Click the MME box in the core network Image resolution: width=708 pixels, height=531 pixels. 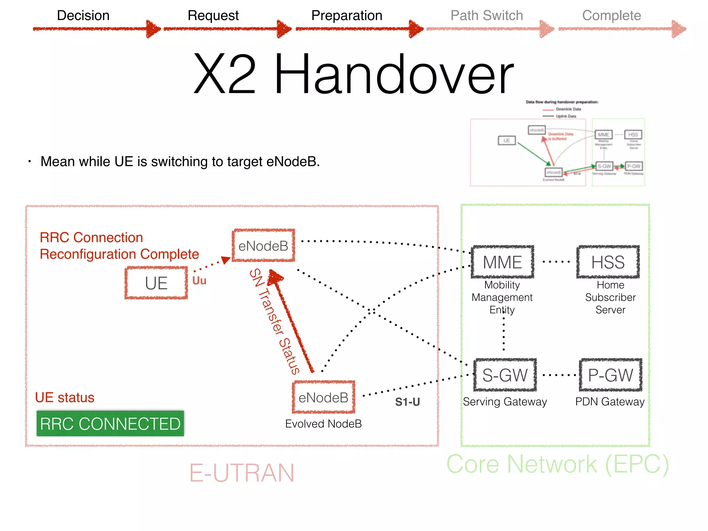pyautogui.click(x=502, y=262)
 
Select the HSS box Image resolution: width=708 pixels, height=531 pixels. pyautogui.click(x=608, y=262)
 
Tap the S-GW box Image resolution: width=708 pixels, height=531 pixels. pyautogui.click(x=505, y=375)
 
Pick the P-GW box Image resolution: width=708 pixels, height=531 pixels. pyautogui.click(x=611, y=375)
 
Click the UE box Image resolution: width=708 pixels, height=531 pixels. pyautogui.click(x=156, y=283)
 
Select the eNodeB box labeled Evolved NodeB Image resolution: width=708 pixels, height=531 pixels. pyautogui.click(x=324, y=398)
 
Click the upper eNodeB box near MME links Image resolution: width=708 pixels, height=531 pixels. pyautogui.click(x=263, y=246)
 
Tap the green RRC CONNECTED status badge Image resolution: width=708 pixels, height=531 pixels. pyautogui.click(x=110, y=424)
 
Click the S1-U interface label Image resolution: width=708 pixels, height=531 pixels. pyautogui.click(x=407, y=402)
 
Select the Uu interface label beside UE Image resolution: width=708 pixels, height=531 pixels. pyautogui.click(x=199, y=280)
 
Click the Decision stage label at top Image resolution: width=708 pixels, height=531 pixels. pyautogui.click(x=83, y=16)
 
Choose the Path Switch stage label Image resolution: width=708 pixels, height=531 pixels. pyautogui.click(x=486, y=16)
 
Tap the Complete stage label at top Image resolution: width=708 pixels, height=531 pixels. pyautogui.click(x=611, y=16)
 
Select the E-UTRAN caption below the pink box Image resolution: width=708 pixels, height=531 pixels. pyautogui.click(x=242, y=473)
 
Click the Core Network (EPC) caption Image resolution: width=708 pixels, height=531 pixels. pyautogui.click(x=558, y=464)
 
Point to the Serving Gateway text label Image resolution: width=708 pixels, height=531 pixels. pyautogui.click(x=505, y=402)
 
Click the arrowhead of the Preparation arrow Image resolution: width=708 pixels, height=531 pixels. pyautogui.click(x=416, y=29)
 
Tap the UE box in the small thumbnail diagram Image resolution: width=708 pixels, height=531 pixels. pyautogui.click(x=506, y=141)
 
